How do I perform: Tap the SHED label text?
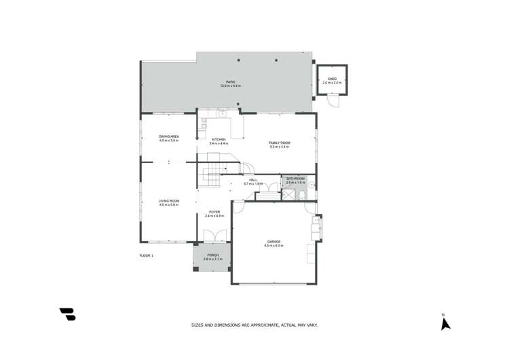click(332, 79)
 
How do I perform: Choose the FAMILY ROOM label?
click(279, 144)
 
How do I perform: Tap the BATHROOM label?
click(295, 180)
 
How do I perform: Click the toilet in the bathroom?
click(311, 184)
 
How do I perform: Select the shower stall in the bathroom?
click(290, 194)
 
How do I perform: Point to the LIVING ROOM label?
click(169, 202)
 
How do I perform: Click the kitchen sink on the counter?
click(222, 113)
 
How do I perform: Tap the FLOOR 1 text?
click(147, 255)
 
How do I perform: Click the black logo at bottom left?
click(67, 314)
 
